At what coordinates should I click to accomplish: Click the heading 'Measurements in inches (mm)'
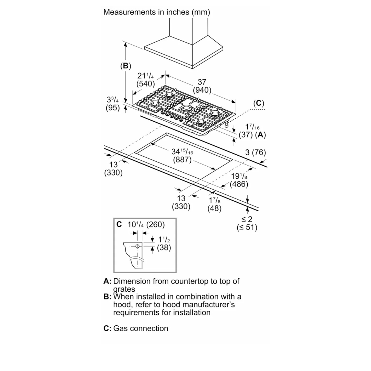point(157,12)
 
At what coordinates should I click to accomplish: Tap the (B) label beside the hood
point(126,66)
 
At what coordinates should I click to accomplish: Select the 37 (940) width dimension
point(202,86)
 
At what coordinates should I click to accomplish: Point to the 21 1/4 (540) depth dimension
point(146,80)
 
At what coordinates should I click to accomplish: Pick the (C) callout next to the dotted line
point(259,103)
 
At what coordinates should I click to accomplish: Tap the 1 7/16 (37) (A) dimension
point(252,131)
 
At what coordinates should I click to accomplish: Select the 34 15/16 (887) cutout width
point(182,156)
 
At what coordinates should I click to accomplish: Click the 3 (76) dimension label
point(255,153)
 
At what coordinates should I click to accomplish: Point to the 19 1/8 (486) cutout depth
point(239,180)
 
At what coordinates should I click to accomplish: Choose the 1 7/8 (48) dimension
point(215,204)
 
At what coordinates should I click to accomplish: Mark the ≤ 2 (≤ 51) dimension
point(247,223)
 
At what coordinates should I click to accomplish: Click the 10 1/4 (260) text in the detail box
point(146,225)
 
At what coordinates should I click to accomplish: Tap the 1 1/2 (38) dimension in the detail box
point(164,243)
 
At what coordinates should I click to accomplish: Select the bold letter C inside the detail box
point(119,225)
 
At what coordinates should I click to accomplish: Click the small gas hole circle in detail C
point(137,246)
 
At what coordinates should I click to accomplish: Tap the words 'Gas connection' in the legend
point(141,328)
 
